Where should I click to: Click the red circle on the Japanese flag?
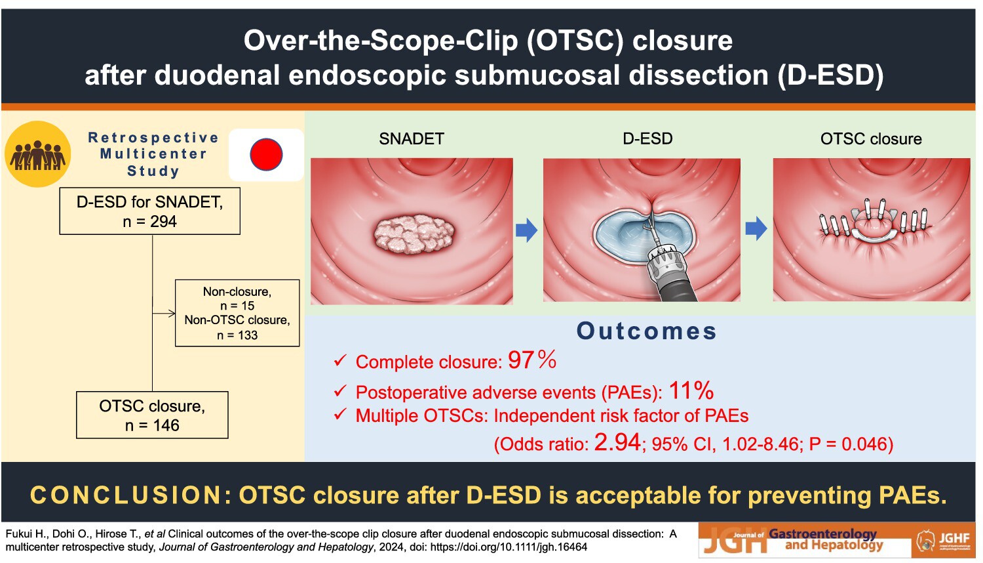[266, 155]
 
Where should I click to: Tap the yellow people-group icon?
[38, 154]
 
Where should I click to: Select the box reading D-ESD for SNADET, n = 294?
[149, 211]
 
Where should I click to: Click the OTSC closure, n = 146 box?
[152, 415]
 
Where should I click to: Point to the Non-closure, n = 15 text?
[237, 299]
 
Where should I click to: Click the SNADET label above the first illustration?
[412, 139]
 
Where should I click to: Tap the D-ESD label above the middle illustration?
[647, 138]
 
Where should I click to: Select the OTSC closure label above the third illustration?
[871, 139]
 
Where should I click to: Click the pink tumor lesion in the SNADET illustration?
[414, 234]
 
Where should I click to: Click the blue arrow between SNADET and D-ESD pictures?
[527, 230]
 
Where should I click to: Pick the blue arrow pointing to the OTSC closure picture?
[756, 228]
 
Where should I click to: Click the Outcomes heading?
[647, 331]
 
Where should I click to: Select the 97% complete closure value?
[532, 360]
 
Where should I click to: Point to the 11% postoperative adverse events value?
[691, 390]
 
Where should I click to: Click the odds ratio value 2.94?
[617, 442]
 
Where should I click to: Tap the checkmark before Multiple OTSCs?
[340, 415]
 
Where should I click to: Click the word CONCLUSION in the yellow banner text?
[125, 495]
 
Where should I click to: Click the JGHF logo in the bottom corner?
[943, 541]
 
